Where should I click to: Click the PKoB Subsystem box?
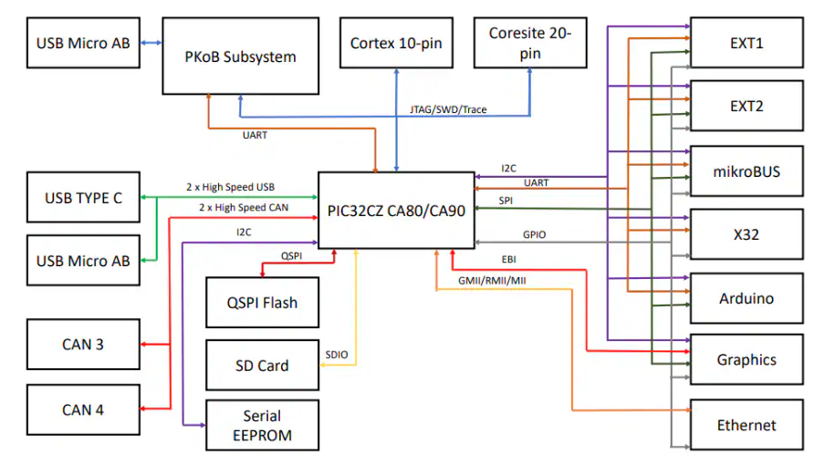(241, 56)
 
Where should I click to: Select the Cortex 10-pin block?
(396, 43)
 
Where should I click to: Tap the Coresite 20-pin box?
(529, 43)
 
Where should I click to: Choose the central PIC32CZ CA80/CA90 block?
(395, 211)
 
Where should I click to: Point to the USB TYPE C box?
(84, 196)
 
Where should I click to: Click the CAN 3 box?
(83, 344)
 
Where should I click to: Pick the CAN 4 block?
(83, 409)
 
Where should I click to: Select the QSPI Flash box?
(262, 302)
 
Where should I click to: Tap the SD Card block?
(262, 366)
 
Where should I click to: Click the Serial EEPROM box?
(262, 426)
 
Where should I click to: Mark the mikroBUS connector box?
(747, 170)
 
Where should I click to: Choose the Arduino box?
(747, 298)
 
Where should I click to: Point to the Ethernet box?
(747, 425)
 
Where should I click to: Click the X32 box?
(747, 234)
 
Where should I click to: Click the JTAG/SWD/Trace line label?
(448, 109)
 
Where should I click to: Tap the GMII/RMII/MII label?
(493, 281)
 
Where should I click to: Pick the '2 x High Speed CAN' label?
(244, 208)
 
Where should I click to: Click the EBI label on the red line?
(508, 260)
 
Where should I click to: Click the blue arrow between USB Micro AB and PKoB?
(151, 43)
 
